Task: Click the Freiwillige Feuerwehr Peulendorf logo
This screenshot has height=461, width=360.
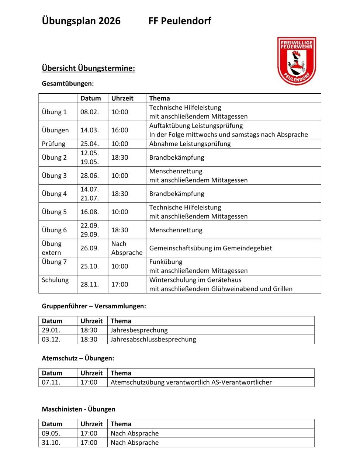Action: pyautogui.click(x=297, y=61)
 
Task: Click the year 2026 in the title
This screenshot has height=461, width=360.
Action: pyautogui.click(x=109, y=21)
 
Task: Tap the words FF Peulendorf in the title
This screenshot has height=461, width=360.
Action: pyautogui.click(x=180, y=21)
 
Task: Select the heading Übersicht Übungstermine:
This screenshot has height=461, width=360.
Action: pyautogui.click(x=88, y=68)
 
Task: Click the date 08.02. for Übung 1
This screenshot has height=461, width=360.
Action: pyautogui.click(x=90, y=112)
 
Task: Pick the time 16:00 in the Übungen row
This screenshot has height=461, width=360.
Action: pyautogui.click(x=120, y=130)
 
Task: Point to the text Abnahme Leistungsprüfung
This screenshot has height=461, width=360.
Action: pyautogui.click(x=190, y=144)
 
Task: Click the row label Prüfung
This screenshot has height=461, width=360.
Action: pyautogui.click(x=53, y=144)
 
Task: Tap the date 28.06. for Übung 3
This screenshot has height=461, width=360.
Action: pyautogui.click(x=90, y=176)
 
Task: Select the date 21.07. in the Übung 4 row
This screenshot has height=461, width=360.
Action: pyautogui.click(x=90, y=198)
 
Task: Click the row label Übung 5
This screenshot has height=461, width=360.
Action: pyautogui.click(x=54, y=212)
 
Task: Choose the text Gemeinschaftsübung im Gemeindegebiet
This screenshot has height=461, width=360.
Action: pyautogui.click(x=210, y=248)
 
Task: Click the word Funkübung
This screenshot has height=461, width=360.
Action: pyautogui.click(x=166, y=262)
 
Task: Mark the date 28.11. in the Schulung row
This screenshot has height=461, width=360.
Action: pyautogui.click(x=90, y=284)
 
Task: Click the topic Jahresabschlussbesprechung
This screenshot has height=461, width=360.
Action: pyautogui.click(x=153, y=339)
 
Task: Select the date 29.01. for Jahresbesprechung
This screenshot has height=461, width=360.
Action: pyautogui.click(x=51, y=330)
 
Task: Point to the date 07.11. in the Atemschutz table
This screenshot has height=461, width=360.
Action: pyautogui.click(x=51, y=382)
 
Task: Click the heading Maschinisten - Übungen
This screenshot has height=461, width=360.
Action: pyautogui.click(x=78, y=409)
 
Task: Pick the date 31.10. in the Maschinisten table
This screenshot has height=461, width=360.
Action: pyautogui.click(x=51, y=443)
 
